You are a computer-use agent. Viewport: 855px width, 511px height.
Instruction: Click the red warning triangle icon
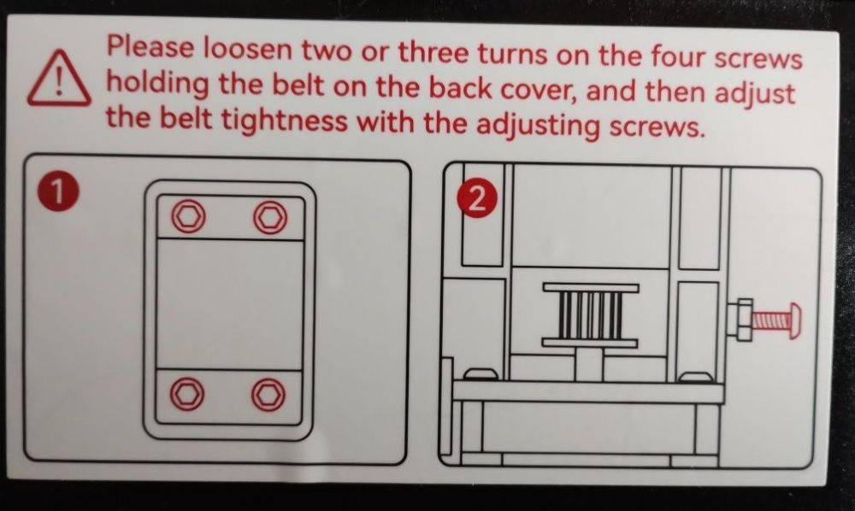point(60,79)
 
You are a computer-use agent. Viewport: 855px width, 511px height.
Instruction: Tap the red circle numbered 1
point(58,192)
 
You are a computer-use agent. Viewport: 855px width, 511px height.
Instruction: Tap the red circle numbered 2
point(477,198)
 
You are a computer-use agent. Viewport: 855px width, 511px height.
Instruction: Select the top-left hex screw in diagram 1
point(189,215)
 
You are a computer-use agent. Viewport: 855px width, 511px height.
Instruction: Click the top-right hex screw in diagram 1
point(270,217)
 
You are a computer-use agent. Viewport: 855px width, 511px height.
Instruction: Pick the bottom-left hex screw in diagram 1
point(187,393)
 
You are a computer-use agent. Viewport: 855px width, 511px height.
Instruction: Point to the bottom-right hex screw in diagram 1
point(268,394)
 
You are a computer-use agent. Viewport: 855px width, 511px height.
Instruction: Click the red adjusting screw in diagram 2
point(775,321)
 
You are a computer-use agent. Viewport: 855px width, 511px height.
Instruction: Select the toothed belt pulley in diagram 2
point(590,314)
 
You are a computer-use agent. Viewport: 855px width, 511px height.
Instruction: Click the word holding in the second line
point(157,85)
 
